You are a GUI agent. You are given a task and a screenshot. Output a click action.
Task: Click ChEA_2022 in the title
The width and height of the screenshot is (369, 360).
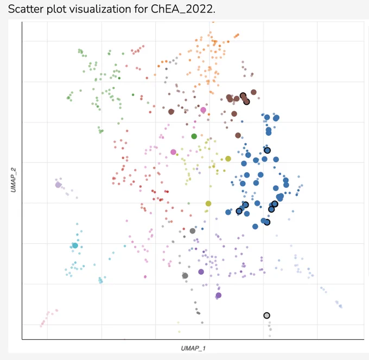[183, 9]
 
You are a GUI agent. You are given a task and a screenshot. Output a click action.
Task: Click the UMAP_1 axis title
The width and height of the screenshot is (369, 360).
[193, 348]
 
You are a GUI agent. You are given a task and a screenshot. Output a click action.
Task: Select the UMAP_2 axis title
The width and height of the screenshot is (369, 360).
[14, 180]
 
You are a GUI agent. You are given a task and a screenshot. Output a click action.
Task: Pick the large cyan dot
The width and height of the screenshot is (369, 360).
[75, 245]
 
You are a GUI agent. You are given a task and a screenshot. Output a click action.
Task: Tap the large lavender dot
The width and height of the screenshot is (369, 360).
[58, 185]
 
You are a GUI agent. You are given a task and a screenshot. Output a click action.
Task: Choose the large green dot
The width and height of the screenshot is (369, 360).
[194, 136]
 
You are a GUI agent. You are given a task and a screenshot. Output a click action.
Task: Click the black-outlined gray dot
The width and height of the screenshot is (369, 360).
[266, 315]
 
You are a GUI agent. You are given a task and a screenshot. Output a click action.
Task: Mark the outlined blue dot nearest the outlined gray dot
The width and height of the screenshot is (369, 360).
[267, 222]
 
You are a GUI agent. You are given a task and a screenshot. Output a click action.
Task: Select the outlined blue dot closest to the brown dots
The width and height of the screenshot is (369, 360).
[267, 150]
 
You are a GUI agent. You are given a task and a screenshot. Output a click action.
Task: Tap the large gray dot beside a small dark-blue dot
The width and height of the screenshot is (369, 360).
[193, 231]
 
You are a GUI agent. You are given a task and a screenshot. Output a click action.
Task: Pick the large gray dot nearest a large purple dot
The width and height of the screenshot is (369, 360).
[185, 276]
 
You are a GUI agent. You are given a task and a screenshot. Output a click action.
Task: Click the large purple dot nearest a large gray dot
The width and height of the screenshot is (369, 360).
[201, 271]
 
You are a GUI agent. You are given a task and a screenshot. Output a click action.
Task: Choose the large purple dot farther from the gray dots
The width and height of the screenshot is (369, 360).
[219, 295]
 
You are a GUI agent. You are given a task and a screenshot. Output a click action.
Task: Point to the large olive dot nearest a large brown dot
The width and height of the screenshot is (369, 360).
[228, 159]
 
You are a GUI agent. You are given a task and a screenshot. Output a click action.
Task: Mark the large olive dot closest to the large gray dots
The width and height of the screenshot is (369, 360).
[208, 204]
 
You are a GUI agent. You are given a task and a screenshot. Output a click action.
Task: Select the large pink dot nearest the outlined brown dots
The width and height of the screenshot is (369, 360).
[203, 110]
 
